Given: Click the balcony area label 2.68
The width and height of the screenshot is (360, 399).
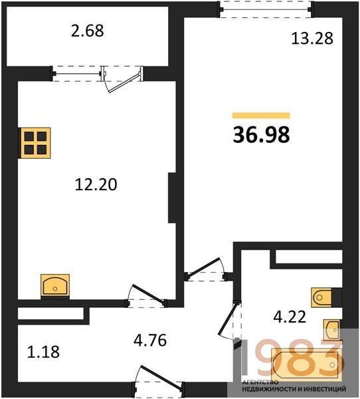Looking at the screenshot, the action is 87,31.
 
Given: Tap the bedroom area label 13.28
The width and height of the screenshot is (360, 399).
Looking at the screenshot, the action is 312,39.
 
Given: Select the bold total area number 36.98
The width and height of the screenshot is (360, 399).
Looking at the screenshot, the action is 261,135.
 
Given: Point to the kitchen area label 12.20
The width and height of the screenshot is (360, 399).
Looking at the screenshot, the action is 96,184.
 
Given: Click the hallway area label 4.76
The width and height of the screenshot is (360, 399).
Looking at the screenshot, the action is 150,340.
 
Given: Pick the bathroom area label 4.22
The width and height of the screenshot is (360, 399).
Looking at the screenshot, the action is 290,317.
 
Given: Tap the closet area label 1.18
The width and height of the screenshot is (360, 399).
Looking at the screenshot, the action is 43,352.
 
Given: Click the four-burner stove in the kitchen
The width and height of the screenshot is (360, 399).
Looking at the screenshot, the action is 35,143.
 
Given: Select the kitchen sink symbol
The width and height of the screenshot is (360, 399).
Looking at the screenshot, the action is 55,285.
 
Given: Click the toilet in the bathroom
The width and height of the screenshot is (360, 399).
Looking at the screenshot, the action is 321,297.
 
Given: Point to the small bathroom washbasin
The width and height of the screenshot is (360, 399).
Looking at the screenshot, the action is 331,330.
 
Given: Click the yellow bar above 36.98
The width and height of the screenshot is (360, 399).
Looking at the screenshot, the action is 261,116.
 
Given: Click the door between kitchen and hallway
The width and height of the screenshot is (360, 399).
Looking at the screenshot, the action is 147,297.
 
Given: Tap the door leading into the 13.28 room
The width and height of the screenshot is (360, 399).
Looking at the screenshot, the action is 205,270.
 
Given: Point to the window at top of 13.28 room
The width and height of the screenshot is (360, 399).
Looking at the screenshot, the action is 266,10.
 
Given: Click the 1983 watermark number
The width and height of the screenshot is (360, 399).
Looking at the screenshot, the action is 292,359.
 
